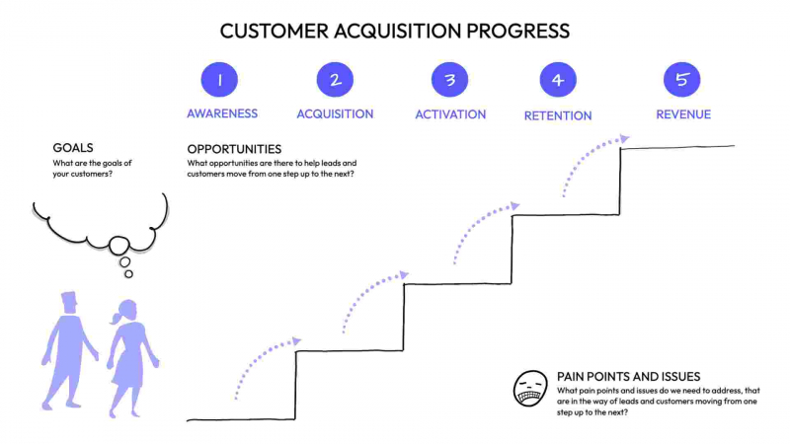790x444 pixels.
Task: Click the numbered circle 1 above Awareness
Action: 221,80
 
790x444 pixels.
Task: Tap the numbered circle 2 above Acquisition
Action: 335,80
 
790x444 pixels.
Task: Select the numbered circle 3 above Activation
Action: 450,80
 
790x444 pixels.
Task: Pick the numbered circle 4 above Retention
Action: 558,80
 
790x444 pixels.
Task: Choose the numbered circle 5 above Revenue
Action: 682,80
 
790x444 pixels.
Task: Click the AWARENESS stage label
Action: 222,113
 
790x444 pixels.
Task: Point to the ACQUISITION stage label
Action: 335,113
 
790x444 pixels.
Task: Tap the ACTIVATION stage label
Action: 450,114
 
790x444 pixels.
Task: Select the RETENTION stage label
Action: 558,115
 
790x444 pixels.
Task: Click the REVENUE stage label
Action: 683,114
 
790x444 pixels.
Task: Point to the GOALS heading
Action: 74,148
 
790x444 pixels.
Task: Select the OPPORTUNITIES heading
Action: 234,149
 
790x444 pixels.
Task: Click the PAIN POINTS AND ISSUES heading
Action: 629,377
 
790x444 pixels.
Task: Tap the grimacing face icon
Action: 530,389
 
